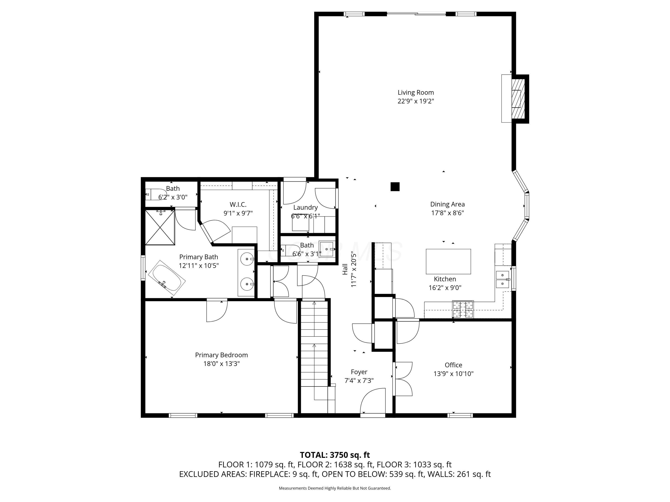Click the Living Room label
(x=416, y=93)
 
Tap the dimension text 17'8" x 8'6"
(x=447, y=213)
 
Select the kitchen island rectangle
(x=448, y=261)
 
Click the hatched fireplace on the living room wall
(x=518, y=99)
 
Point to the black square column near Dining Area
(x=395, y=187)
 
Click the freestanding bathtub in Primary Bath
(x=167, y=278)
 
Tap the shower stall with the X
(x=160, y=228)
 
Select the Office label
(x=453, y=365)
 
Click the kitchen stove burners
(x=463, y=309)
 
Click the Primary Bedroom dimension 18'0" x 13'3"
(x=221, y=363)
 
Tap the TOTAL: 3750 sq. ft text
(x=335, y=455)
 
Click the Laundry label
(x=305, y=207)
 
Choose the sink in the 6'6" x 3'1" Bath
(x=327, y=249)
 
